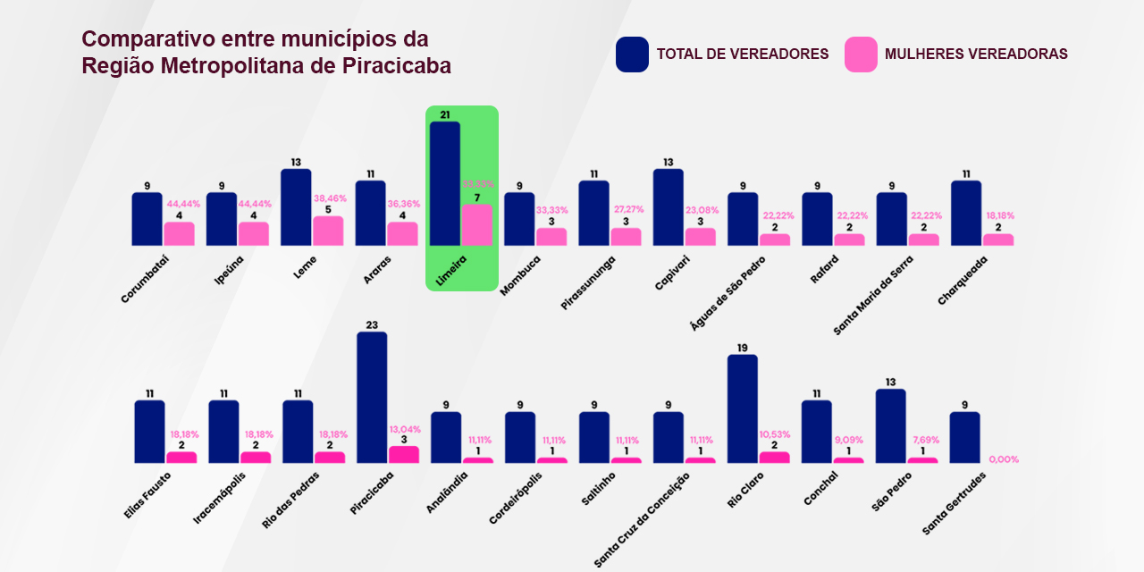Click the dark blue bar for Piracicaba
pyautogui.click(x=372, y=398)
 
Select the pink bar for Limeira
pyautogui.click(x=476, y=225)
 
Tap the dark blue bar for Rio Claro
pyautogui.click(x=742, y=409)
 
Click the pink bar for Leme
pyautogui.click(x=328, y=231)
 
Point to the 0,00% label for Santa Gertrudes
pyautogui.click(x=1004, y=459)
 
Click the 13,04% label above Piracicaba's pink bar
pyautogui.click(x=404, y=429)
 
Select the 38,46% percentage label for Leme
pyautogui.click(x=330, y=198)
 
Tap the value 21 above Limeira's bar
pyautogui.click(x=444, y=114)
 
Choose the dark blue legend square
pyautogui.click(x=632, y=55)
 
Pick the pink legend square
pyautogui.click(x=861, y=55)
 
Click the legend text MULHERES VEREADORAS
pyautogui.click(x=976, y=55)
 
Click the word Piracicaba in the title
pyautogui.click(x=397, y=66)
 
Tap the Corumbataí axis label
pyautogui.click(x=145, y=278)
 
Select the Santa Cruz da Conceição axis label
pyautogui.click(x=642, y=520)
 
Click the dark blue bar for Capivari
pyautogui.click(x=668, y=207)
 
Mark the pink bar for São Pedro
pyautogui.click(x=923, y=460)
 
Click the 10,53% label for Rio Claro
pyautogui.click(x=775, y=434)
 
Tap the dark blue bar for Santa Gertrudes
pyautogui.click(x=964, y=438)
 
